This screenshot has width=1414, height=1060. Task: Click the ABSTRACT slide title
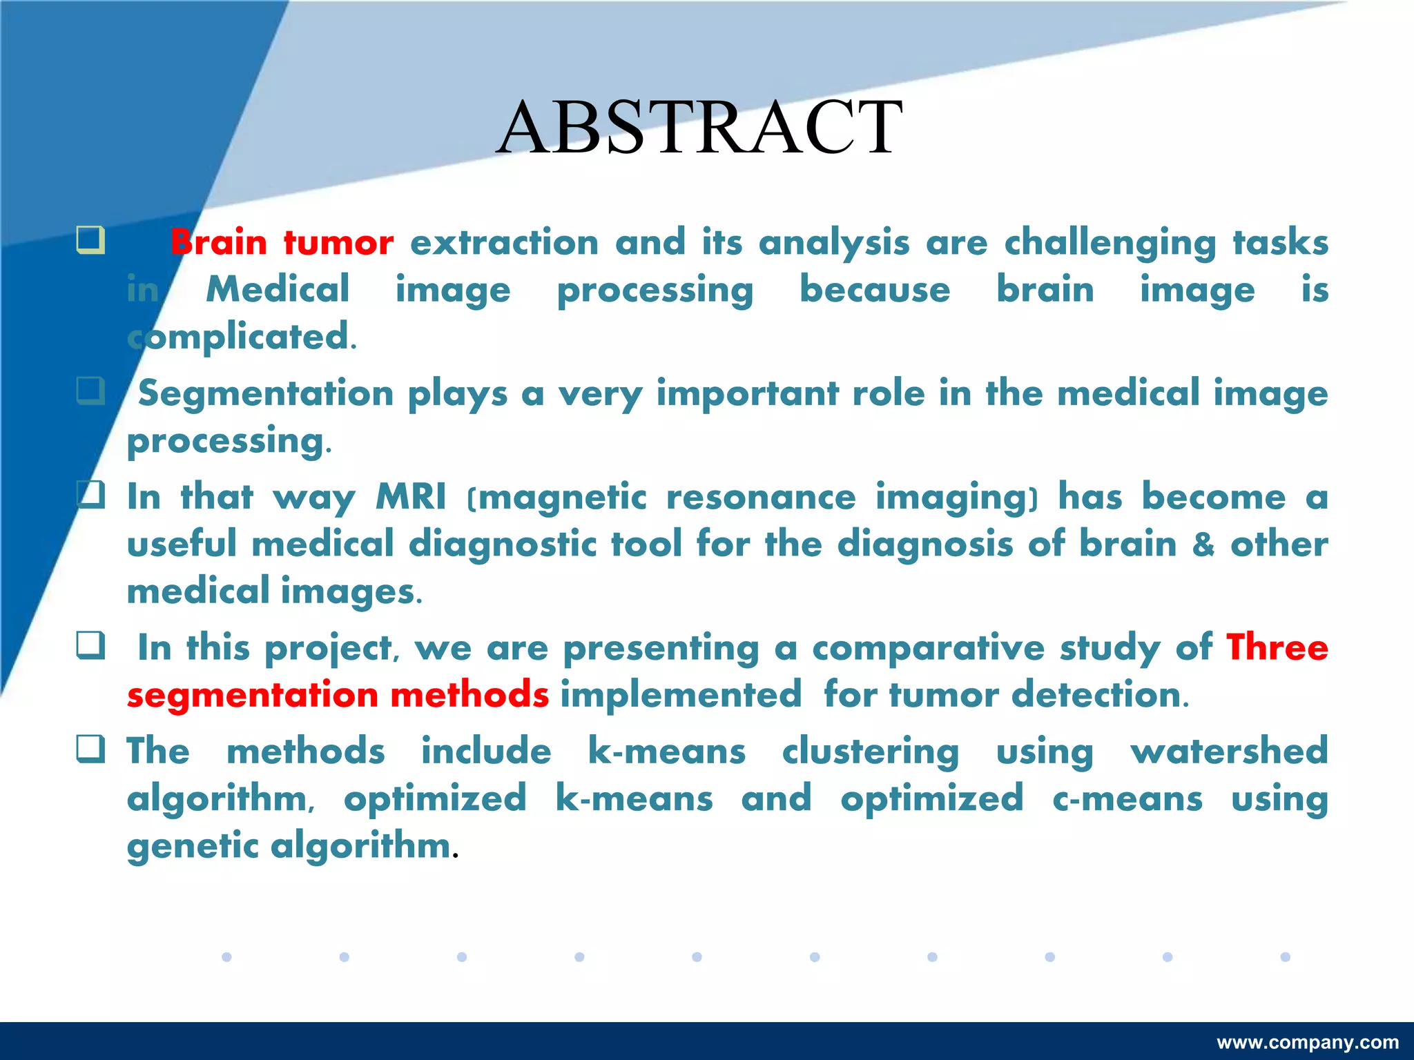point(699,128)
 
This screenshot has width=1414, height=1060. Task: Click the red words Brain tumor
point(282,243)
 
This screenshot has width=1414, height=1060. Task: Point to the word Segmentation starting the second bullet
point(266,393)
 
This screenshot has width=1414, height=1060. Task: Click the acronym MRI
point(411,497)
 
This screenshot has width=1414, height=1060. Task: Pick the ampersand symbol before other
point(1203,544)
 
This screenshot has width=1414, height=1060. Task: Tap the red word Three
point(1277,647)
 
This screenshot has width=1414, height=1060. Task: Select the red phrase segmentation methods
point(338,694)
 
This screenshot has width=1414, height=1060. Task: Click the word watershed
point(1229,751)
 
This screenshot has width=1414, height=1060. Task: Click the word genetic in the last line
point(193,846)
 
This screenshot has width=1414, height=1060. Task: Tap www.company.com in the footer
point(1308,1042)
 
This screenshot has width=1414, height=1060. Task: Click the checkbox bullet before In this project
point(90,645)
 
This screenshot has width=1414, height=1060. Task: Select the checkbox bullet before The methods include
point(90,749)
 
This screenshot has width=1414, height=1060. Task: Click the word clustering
point(871,751)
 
